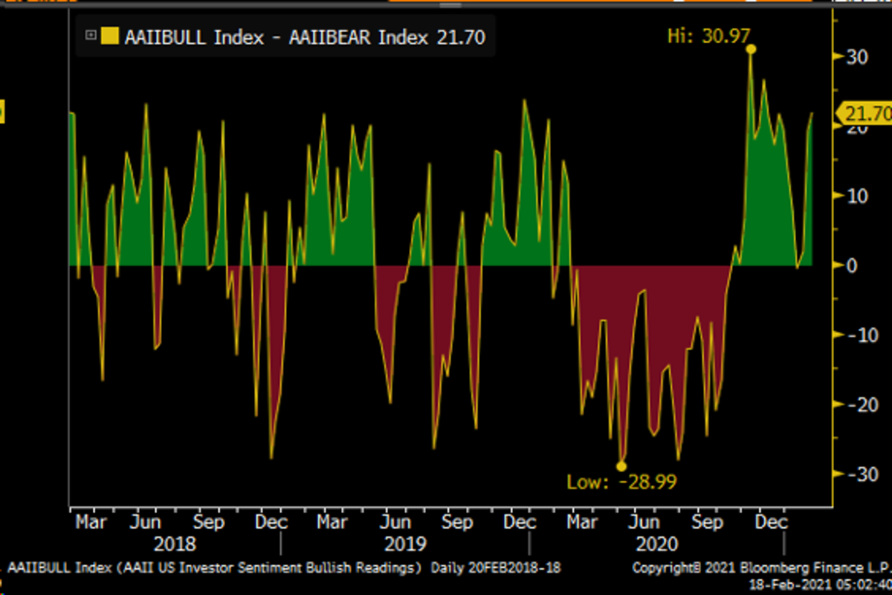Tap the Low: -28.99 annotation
pos(621,482)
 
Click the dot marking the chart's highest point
pos(752,49)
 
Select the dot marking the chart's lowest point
pos(621,466)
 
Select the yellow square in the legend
pos(110,36)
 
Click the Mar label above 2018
pos(91,522)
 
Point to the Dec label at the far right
pos(771,522)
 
